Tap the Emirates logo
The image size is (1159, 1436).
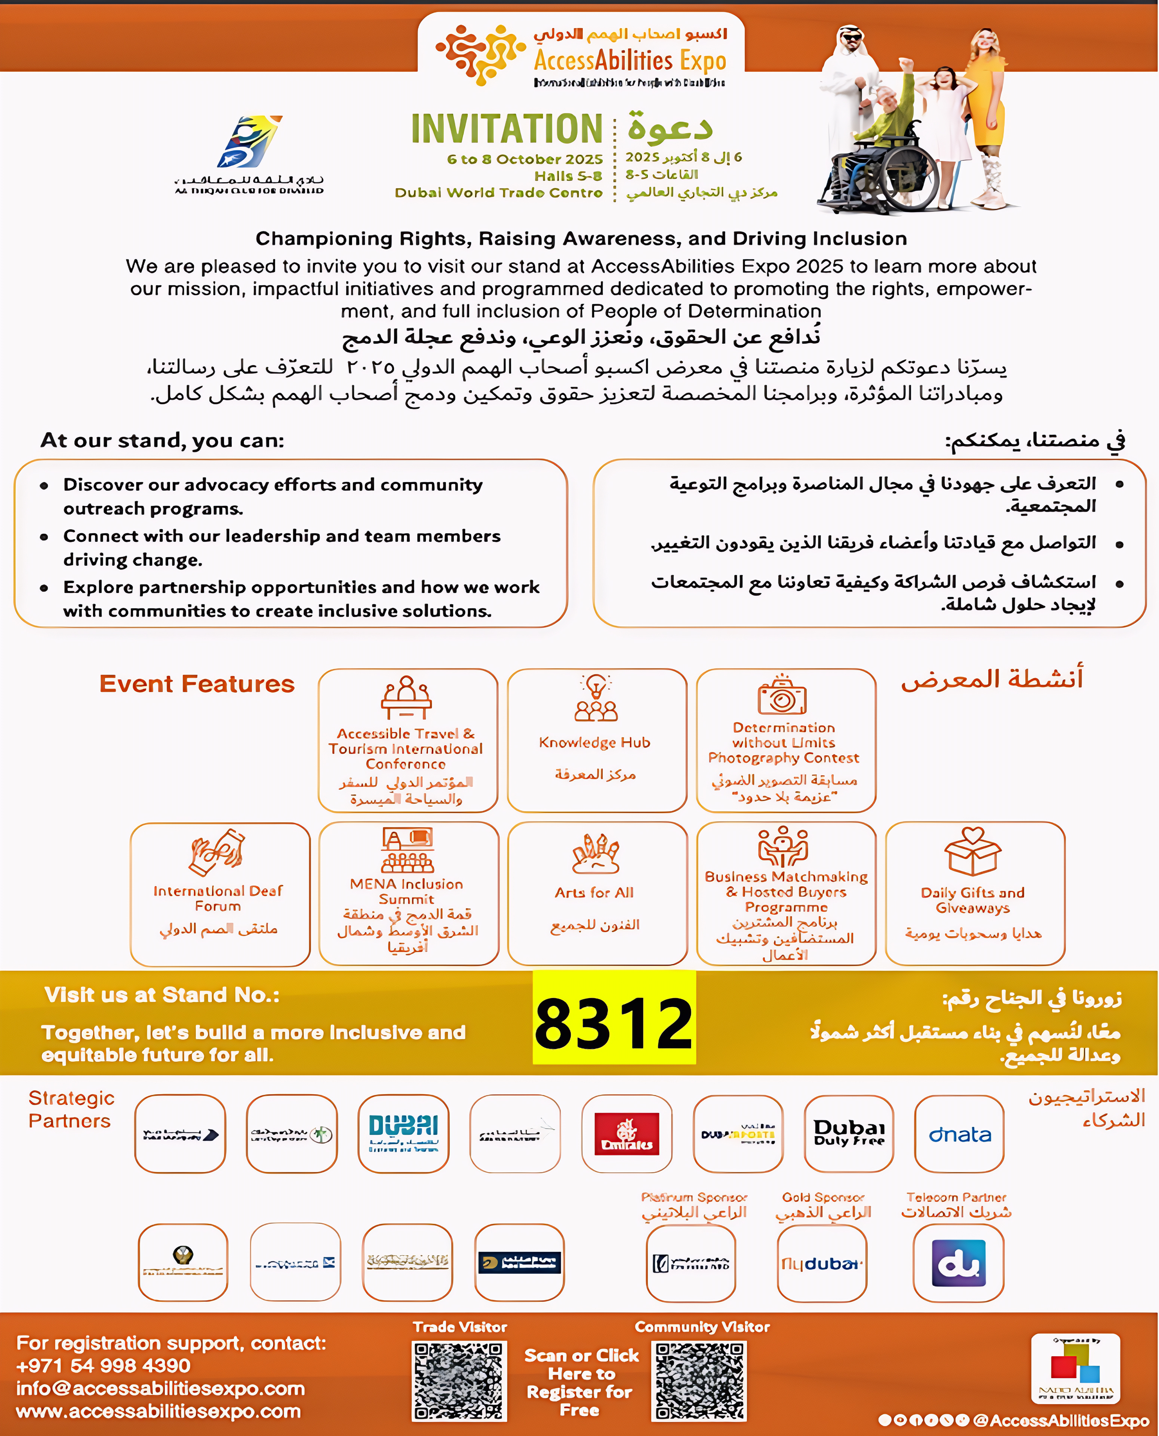click(626, 1133)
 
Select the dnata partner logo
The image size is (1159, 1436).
click(959, 1133)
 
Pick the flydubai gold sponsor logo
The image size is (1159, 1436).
click(822, 1263)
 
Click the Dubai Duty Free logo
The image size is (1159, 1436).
click(849, 1133)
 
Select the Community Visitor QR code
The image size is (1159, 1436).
click(699, 1381)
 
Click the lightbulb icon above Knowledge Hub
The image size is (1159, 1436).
click(596, 686)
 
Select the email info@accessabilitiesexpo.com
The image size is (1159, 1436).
click(160, 1389)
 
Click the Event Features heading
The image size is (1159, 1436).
click(197, 684)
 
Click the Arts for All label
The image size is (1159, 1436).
click(594, 893)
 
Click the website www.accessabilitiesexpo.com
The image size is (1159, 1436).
click(158, 1411)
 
